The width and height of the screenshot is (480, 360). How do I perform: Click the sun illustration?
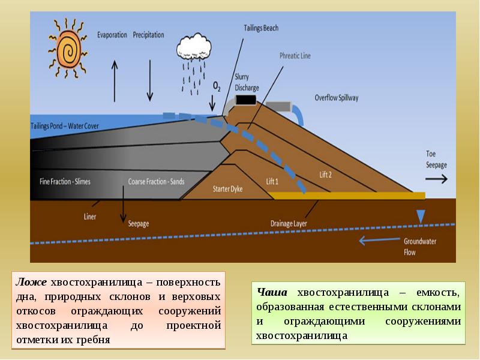coord(67,47)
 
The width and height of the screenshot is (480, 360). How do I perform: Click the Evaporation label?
coord(112,35)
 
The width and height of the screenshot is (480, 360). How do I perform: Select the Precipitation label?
coord(148,35)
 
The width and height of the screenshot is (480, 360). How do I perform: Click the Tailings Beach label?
coord(261,28)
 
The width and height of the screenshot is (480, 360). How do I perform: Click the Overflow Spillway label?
coord(336,98)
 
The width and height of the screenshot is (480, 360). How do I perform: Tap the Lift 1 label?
coord(273,181)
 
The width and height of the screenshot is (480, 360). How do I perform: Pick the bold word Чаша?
coord(269,292)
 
